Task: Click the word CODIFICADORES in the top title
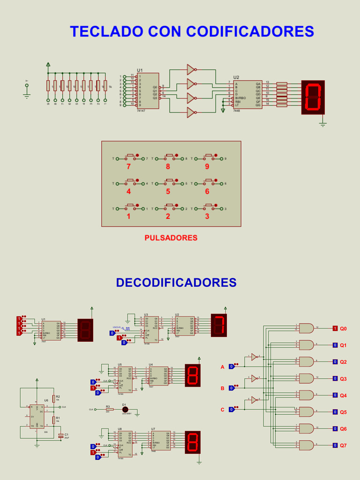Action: pyautogui.click(x=250, y=31)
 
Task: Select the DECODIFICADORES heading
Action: pyautogui.click(x=176, y=283)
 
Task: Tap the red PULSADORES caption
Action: pyautogui.click(x=171, y=238)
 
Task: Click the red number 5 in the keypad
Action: pyautogui.click(x=168, y=191)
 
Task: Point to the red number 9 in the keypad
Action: pyautogui.click(x=207, y=166)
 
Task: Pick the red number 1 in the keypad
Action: pyautogui.click(x=128, y=217)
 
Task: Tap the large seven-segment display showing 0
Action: pyautogui.click(x=313, y=97)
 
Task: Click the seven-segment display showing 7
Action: pyautogui.click(x=219, y=325)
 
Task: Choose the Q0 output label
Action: pyautogui.click(x=343, y=329)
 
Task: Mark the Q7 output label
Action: pyautogui.click(x=343, y=445)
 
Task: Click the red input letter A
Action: pyautogui.click(x=223, y=367)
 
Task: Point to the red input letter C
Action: pyautogui.click(x=223, y=410)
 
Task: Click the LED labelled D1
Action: pyautogui.click(x=125, y=409)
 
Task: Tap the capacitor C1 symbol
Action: pyautogui.click(x=60, y=436)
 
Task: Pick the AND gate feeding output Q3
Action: pyautogui.click(x=307, y=378)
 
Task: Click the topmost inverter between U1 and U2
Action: pyautogui.click(x=191, y=69)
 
